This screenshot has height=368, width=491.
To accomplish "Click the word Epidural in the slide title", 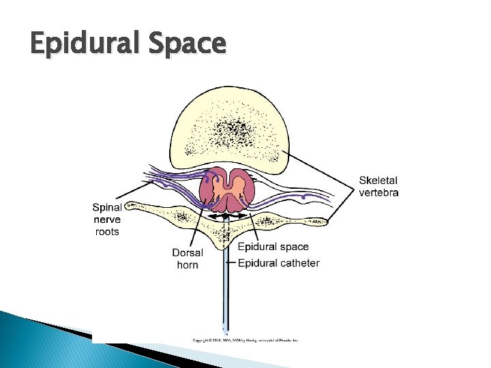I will [85, 44].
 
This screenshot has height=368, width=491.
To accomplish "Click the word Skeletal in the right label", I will [378, 181].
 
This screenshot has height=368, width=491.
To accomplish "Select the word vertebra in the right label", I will [379, 192].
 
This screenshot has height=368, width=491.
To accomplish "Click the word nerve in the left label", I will [106, 219].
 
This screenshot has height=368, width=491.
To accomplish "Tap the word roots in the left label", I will [106, 232].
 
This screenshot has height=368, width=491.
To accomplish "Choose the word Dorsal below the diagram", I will [188, 253].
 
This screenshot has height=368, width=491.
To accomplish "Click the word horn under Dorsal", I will [188, 264].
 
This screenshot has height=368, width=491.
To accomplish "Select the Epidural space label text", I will [273, 247].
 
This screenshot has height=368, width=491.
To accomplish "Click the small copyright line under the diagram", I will [245, 339].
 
